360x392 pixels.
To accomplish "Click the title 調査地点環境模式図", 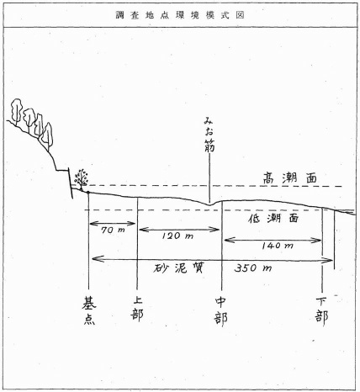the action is pyautogui.click(x=180, y=15).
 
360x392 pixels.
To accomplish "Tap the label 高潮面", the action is pyautogui.click(x=290, y=178).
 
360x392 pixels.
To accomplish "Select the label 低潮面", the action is pyautogui.click(x=273, y=219).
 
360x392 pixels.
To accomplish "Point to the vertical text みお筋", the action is pyautogui.click(x=209, y=135).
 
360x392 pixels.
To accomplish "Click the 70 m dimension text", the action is pyautogui.click(x=113, y=230).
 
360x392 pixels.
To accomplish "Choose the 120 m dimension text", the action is pyautogui.click(x=177, y=236).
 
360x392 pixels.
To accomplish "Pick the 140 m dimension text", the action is pyautogui.click(x=278, y=246).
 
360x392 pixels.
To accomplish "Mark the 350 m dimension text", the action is pyautogui.click(x=253, y=268).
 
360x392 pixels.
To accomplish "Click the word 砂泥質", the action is pyautogui.click(x=178, y=268).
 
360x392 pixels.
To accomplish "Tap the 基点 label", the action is pyautogui.click(x=89, y=310).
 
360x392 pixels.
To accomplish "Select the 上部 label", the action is pyautogui.click(x=137, y=309).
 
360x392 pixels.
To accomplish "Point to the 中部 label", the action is pyautogui.click(x=221, y=311).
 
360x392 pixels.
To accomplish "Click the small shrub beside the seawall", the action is pyautogui.click(x=81, y=179).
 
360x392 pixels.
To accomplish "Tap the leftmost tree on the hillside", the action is pyautogui.click(x=17, y=111).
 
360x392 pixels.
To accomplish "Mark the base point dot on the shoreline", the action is pyautogui.click(x=88, y=193).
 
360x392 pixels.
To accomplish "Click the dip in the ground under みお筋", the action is pyautogui.click(x=209, y=204).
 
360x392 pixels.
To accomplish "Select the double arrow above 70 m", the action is pyautogui.click(x=113, y=224).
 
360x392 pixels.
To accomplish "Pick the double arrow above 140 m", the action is pyautogui.click(x=273, y=240).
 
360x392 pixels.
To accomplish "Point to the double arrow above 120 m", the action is pyautogui.click(x=179, y=230).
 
